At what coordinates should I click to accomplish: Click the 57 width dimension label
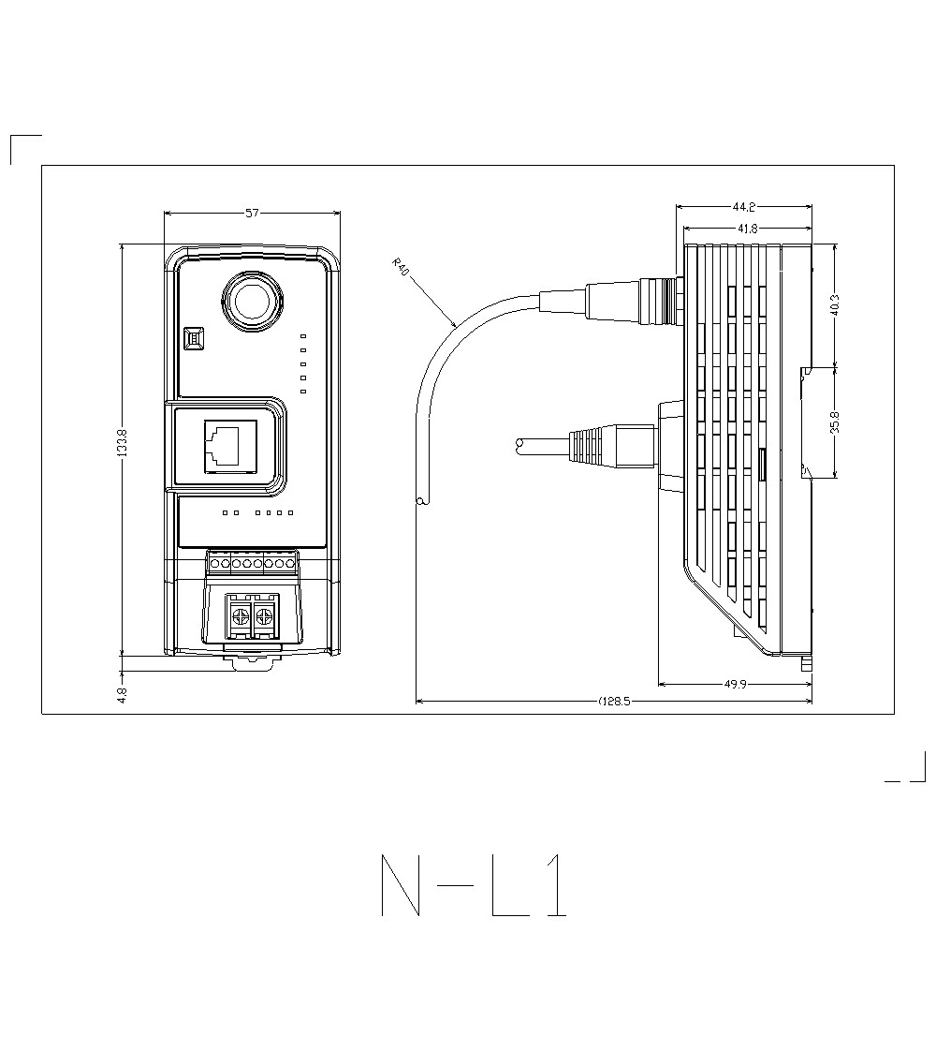[x=252, y=214]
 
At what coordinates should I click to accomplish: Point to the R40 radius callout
[x=400, y=269]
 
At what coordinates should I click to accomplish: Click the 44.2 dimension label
[x=744, y=207]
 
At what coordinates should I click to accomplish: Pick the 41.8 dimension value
[x=747, y=229]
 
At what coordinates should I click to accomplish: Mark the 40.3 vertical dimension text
[x=834, y=305]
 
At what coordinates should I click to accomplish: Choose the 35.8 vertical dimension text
[x=834, y=422]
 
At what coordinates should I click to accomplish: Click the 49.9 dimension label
[x=736, y=685]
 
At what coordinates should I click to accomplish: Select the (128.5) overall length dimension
[x=614, y=702]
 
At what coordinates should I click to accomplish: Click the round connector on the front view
[x=252, y=301]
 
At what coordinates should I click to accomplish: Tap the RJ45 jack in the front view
[x=225, y=443]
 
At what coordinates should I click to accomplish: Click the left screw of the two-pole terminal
[x=240, y=616]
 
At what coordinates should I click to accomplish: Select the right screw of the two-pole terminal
[x=265, y=616]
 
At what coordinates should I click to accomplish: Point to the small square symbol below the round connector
[x=195, y=338]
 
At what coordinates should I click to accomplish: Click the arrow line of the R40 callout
[x=431, y=301]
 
